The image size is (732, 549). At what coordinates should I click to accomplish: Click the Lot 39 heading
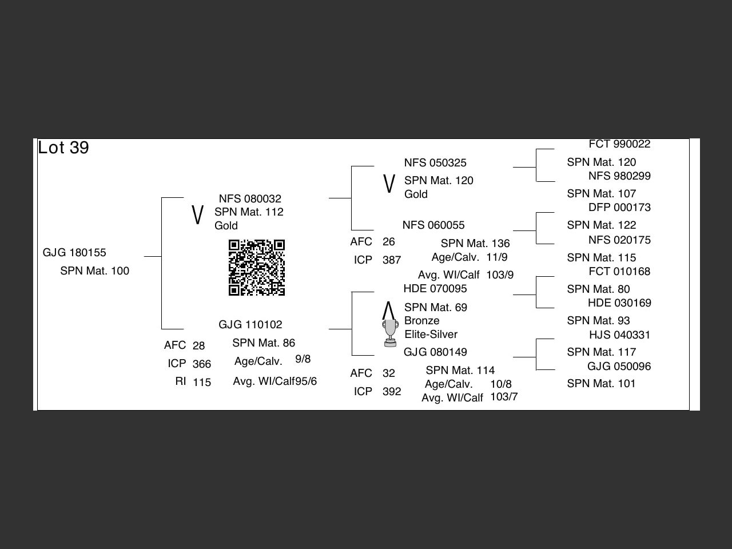coord(63,148)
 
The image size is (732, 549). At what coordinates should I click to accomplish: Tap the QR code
coord(257,268)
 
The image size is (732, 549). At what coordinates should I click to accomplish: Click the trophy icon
coord(390,333)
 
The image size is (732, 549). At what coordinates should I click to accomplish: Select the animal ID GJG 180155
coord(74,253)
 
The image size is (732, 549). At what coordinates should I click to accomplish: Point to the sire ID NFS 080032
coord(250,199)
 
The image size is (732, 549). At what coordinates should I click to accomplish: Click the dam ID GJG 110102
coord(250,325)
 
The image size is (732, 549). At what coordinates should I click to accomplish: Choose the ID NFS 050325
coord(435,163)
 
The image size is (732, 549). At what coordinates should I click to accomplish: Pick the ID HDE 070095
coord(435,289)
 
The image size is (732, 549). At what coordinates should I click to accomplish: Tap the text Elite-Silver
coord(431,335)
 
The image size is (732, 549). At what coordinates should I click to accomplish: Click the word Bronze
coord(421,321)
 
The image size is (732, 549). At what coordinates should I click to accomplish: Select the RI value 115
coord(201,383)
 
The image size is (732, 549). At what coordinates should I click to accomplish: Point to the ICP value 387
coord(392,260)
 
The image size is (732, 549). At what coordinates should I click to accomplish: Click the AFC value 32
coord(389,373)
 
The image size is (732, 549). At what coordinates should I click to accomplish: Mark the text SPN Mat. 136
coord(475,244)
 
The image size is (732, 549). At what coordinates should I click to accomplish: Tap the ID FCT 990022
coord(619,144)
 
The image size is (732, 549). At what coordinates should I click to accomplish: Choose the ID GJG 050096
coord(619,367)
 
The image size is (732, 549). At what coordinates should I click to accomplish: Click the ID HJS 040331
coord(619,335)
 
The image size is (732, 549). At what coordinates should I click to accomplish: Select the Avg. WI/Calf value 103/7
coord(504,397)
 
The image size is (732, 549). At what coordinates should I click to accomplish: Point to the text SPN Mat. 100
coord(94,271)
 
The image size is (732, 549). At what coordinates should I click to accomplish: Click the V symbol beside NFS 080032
coord(197,215)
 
